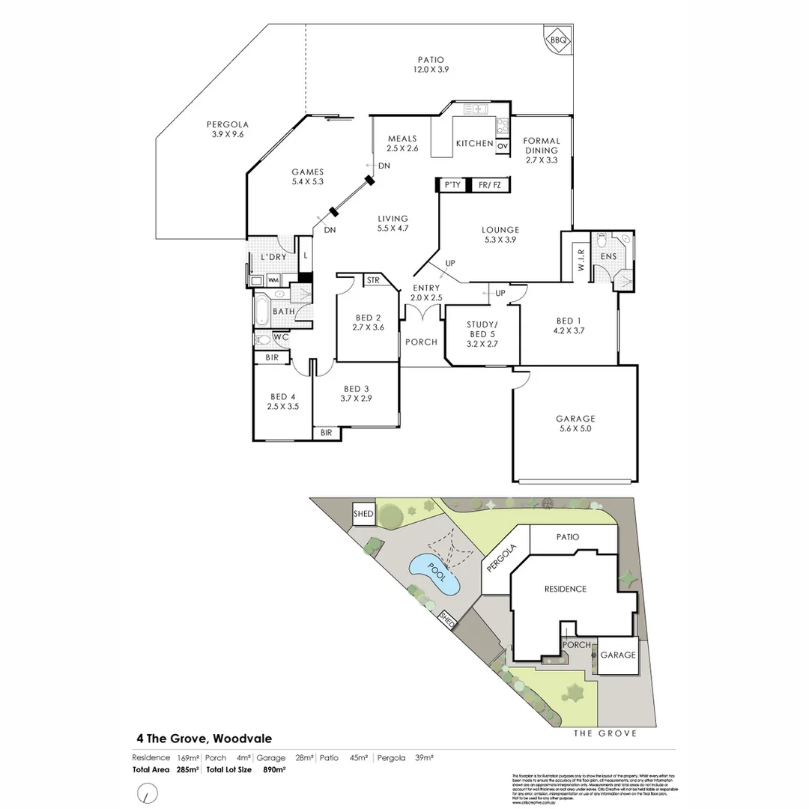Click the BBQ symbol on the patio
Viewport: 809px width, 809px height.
point(557,38)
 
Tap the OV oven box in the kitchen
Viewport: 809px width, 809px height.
point(502,145)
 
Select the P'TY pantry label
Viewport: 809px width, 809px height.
point(452,184)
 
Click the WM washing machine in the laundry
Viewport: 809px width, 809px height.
point(273,280)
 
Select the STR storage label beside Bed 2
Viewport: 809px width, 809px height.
point(373,281)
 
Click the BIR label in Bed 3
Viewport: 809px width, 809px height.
point(327,433)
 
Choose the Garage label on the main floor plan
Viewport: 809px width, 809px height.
point(575,419)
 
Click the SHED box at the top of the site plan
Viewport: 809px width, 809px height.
point(363,514)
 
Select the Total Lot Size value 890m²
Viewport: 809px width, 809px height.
point(274,769)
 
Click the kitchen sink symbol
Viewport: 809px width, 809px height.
point(475,109)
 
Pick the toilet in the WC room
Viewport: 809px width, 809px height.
point(262,339)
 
